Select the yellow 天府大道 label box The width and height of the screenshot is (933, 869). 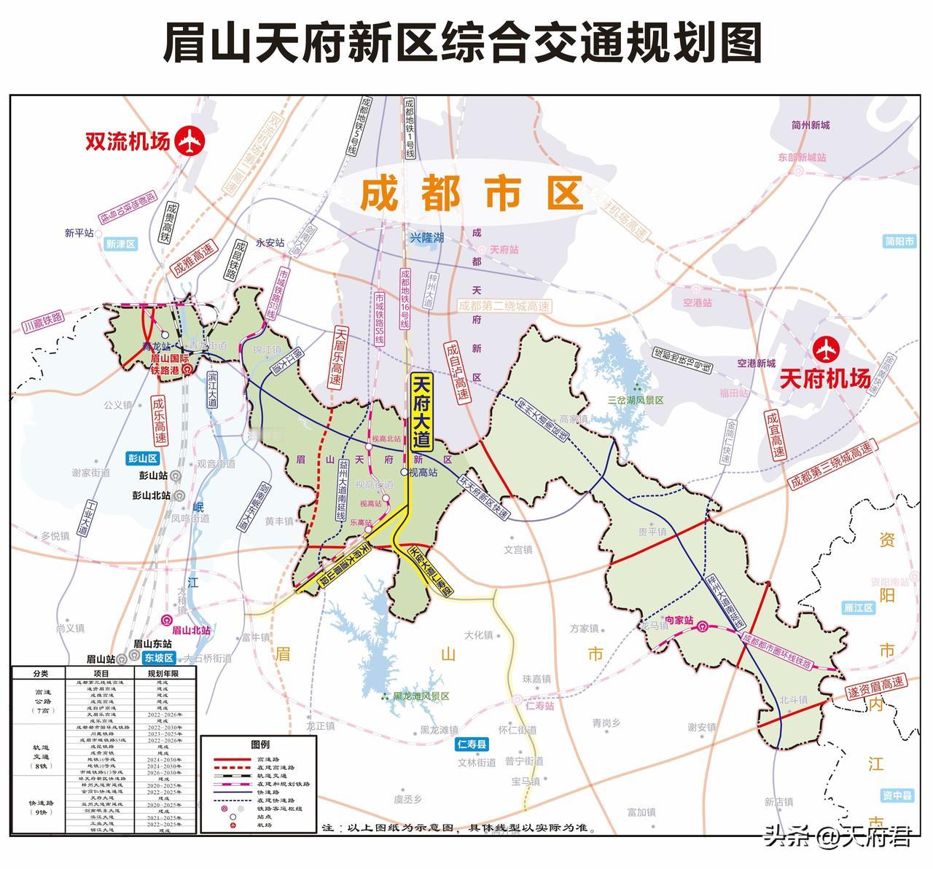click(x=422, y=412)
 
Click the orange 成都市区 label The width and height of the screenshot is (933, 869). click(x=472, y=194)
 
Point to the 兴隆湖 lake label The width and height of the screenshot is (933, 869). click(x=426, y=237)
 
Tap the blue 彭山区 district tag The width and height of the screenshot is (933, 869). click(x=143, y=458)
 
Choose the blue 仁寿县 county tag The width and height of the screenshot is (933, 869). click(x=472, y=744)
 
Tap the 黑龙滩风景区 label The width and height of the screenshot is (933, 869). click(x=421, y=696)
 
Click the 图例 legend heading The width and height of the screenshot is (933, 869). click(x=259, y=744)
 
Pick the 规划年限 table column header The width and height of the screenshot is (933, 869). click(x=163, y=673)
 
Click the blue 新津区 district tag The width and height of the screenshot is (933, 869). click(x=121, y=245)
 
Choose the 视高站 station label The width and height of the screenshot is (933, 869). click(x=423, y=472)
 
